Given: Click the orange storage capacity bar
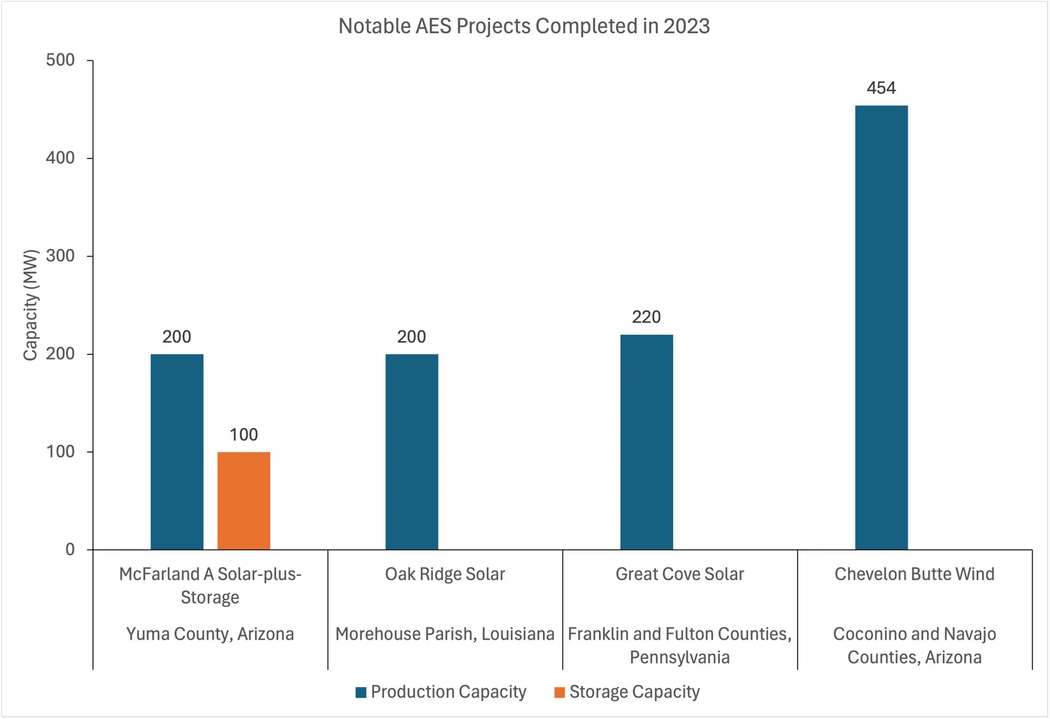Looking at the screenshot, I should tap(244, 501).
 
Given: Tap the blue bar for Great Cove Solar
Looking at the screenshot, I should tap(647, 442).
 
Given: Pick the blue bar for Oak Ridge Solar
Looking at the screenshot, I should tap(411, 451).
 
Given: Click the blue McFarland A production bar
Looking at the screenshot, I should tap(177, 451).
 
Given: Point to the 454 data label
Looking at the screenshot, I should tap(881, 88).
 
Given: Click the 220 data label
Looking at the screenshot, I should tap(647, 317).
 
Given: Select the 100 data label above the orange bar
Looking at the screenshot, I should tap(244, 435).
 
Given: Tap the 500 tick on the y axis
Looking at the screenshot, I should tap(61, 60).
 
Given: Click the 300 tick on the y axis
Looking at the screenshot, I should tap(61, 256).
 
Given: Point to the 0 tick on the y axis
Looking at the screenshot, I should tap(70, 550).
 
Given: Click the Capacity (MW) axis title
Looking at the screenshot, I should tap(31, 305).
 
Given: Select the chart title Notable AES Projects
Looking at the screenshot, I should tap(524, 26).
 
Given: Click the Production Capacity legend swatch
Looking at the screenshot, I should tap(362, 692).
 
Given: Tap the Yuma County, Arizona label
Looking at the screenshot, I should tap(210, 634).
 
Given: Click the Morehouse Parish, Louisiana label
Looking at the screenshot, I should tap(445, 634).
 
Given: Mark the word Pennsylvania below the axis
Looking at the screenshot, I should tap(680, 658).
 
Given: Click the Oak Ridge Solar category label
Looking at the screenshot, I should tap(445, 574).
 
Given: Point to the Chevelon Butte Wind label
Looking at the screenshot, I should tap(914, 574).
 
